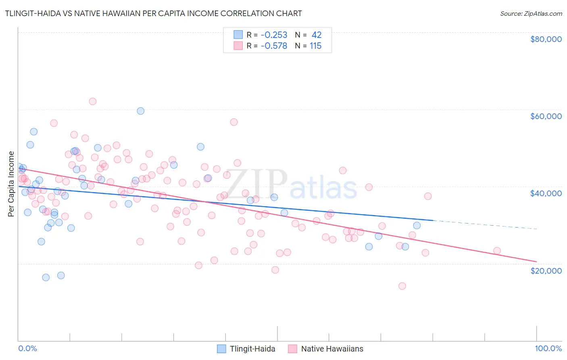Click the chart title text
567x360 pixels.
(x=153, y=13)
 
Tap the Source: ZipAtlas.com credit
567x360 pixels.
(x=531, y=13)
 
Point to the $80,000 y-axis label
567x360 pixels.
(x=546, y=39)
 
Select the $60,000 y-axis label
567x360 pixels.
(x=546, y=116)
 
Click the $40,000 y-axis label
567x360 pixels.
(x=546, y=193)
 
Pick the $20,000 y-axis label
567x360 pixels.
(x=546, y=270)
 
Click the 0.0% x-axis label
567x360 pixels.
(x=27, y=348)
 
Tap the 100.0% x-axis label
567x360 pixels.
(x=548, y=348)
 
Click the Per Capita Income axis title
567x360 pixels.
(x=11, y=184)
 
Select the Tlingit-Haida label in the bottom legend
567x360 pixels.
(x=252, y=349)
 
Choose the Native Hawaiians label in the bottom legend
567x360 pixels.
(x=332, y=349)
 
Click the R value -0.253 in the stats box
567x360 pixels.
(x=274, y=35)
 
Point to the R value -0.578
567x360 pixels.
(x=274, y=46)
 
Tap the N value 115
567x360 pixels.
(x=315, y=46)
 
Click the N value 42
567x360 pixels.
(x=317, y=35)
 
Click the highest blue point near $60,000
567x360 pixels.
(x=140, y=111)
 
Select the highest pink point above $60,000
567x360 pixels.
(x=93, y=101)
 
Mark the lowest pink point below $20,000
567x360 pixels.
(x=402, y=286)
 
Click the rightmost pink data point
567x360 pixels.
(x=497, y=251)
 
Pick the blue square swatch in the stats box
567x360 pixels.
(x=238, y=35)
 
